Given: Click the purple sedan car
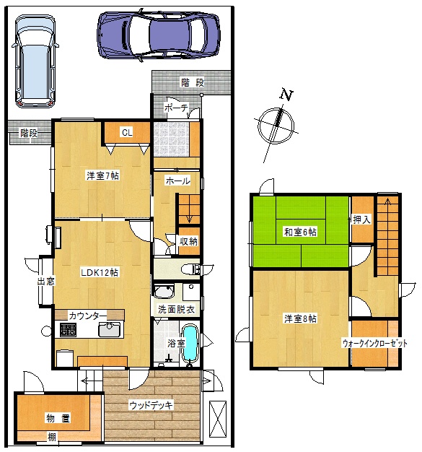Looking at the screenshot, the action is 159,35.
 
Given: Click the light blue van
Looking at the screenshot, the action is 35,61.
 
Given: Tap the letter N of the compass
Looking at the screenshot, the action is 286,95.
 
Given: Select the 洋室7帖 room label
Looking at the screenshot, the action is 103,175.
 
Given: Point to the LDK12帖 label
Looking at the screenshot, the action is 100,272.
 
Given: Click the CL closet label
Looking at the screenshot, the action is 127,132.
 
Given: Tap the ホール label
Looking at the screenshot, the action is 177,181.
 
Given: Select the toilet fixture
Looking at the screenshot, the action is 190,269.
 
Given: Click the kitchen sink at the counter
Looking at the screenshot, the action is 110,329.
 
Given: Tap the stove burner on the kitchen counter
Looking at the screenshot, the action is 69,330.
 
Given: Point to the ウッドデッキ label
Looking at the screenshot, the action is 151,405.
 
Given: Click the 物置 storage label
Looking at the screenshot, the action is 58,418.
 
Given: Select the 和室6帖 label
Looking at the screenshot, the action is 300,232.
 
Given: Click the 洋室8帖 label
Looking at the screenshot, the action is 300,318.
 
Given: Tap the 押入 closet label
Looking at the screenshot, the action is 362,220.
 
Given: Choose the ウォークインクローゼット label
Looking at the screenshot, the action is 375,343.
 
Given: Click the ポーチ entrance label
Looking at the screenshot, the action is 176,108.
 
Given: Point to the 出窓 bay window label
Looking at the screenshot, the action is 46,281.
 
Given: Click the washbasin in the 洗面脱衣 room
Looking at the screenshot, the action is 164,291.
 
